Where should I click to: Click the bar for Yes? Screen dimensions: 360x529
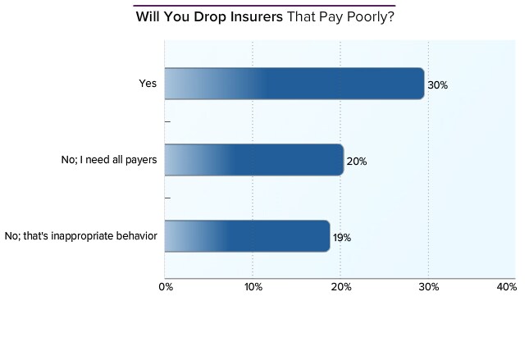[294, 84]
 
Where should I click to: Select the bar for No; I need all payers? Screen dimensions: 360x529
[253, 160]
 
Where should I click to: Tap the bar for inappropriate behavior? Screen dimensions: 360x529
[246, 236]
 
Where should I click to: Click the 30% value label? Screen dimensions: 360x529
[438, 85]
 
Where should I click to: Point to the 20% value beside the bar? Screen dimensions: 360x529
[357, 162]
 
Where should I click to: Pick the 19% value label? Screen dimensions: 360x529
[342, 238]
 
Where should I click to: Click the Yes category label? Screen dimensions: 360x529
[148, 83]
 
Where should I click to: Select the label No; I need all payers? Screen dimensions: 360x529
[103, 159]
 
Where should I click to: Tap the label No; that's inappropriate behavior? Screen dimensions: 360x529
[80, 236]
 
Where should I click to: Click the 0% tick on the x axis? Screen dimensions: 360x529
[165, 287]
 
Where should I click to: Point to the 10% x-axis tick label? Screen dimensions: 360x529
[253, 287]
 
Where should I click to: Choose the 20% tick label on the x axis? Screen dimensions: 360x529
[341, 287]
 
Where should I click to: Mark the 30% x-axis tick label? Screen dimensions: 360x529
[429, 287]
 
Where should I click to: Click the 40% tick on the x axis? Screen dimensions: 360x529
[507, 287]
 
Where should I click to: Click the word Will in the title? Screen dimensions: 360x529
[148, 16]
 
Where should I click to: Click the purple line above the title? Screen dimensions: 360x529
[264, 5]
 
